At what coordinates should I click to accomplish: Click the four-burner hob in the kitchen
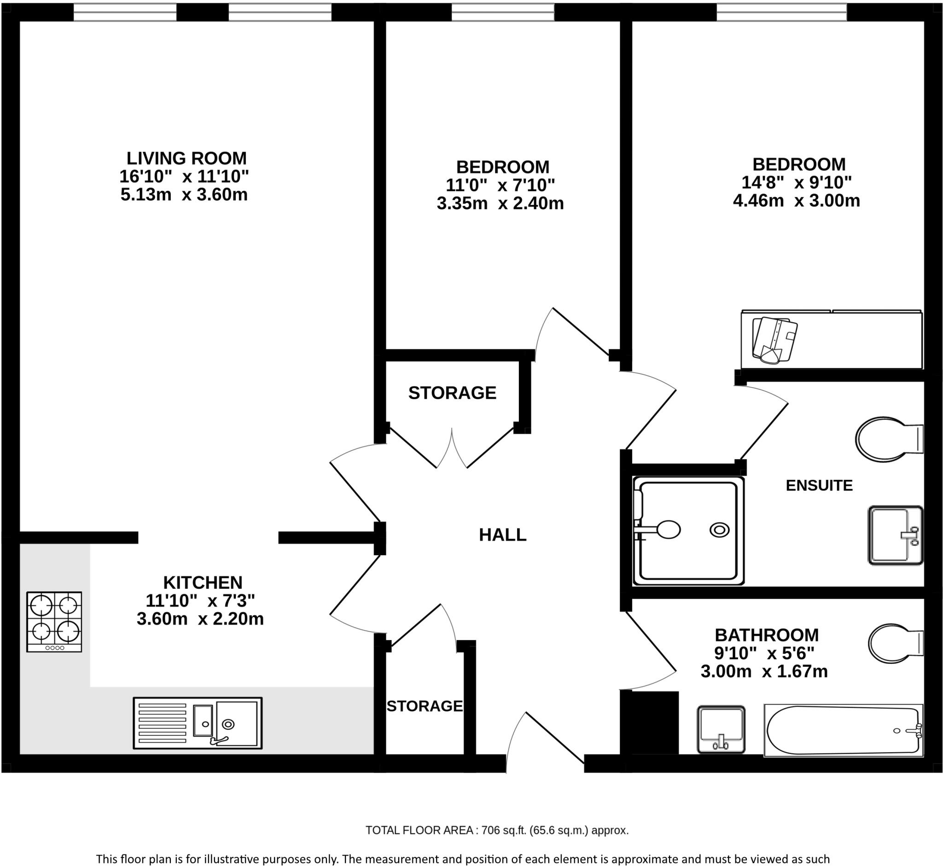click(x=54, y=621)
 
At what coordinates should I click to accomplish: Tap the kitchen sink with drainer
click(x=198, y=723)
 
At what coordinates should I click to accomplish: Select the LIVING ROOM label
click(x=186, y=158)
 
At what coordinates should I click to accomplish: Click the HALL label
click(x=502, y=535)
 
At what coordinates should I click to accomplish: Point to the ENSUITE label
click(x=819, y=485)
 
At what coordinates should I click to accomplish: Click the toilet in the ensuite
click(x=888, y=440)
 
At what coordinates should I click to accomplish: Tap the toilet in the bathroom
click(x=895, y=643)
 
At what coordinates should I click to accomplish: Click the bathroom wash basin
click(x=721, y=729)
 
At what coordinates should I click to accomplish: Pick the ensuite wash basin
click(x=895, y=535)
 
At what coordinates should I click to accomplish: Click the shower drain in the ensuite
click(x=719, y=530)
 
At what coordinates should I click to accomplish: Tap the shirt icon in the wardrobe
click(x=774, y=340)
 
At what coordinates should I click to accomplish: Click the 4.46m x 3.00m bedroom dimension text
click(x=796, y=201)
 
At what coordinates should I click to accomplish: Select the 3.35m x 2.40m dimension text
click(x=500, y=204)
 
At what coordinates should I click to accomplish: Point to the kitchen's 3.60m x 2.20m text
click(x=200, y=619)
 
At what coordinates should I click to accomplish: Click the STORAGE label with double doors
click(x=452, y=393)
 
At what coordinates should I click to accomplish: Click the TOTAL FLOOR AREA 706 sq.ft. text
click(x=497, y=831)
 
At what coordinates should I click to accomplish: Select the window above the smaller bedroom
click(x=502, y=12)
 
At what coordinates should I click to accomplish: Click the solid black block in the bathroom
click(x=650, y=722)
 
